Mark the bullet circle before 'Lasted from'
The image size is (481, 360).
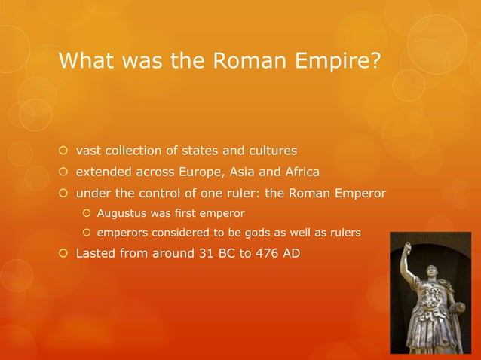[64, 253]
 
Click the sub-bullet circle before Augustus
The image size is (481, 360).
[87, 214]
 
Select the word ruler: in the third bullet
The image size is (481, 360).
[237, 194]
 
